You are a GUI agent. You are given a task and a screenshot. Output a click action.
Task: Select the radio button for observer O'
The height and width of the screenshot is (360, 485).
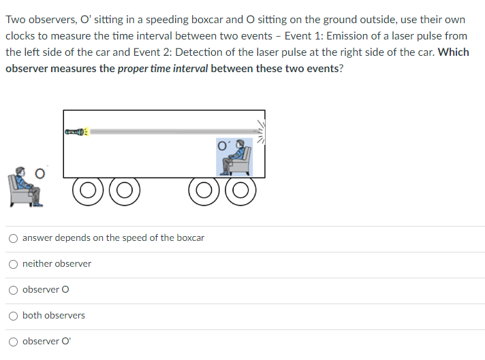coord(14,341)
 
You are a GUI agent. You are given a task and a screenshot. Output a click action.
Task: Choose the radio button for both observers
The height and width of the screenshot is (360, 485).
coord(14,315)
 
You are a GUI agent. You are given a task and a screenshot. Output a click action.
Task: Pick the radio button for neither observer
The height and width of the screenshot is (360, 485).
coord(14,263)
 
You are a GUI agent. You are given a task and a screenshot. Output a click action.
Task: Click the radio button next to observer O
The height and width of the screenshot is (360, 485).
coord(14,289)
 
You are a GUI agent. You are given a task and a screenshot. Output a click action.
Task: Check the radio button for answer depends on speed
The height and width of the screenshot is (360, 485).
coord(14,238)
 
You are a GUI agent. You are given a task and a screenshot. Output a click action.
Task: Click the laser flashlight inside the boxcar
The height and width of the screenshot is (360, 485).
coord(76,130)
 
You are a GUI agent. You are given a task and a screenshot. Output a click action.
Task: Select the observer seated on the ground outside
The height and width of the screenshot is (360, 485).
coord(25,186)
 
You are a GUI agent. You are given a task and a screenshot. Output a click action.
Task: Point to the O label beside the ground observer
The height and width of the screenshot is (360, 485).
coord(40,174)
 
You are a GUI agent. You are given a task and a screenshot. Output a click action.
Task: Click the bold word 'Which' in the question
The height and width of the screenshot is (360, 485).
coord(454,52)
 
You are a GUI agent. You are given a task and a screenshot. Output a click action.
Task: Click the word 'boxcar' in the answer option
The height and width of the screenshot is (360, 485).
coord(190,238)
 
